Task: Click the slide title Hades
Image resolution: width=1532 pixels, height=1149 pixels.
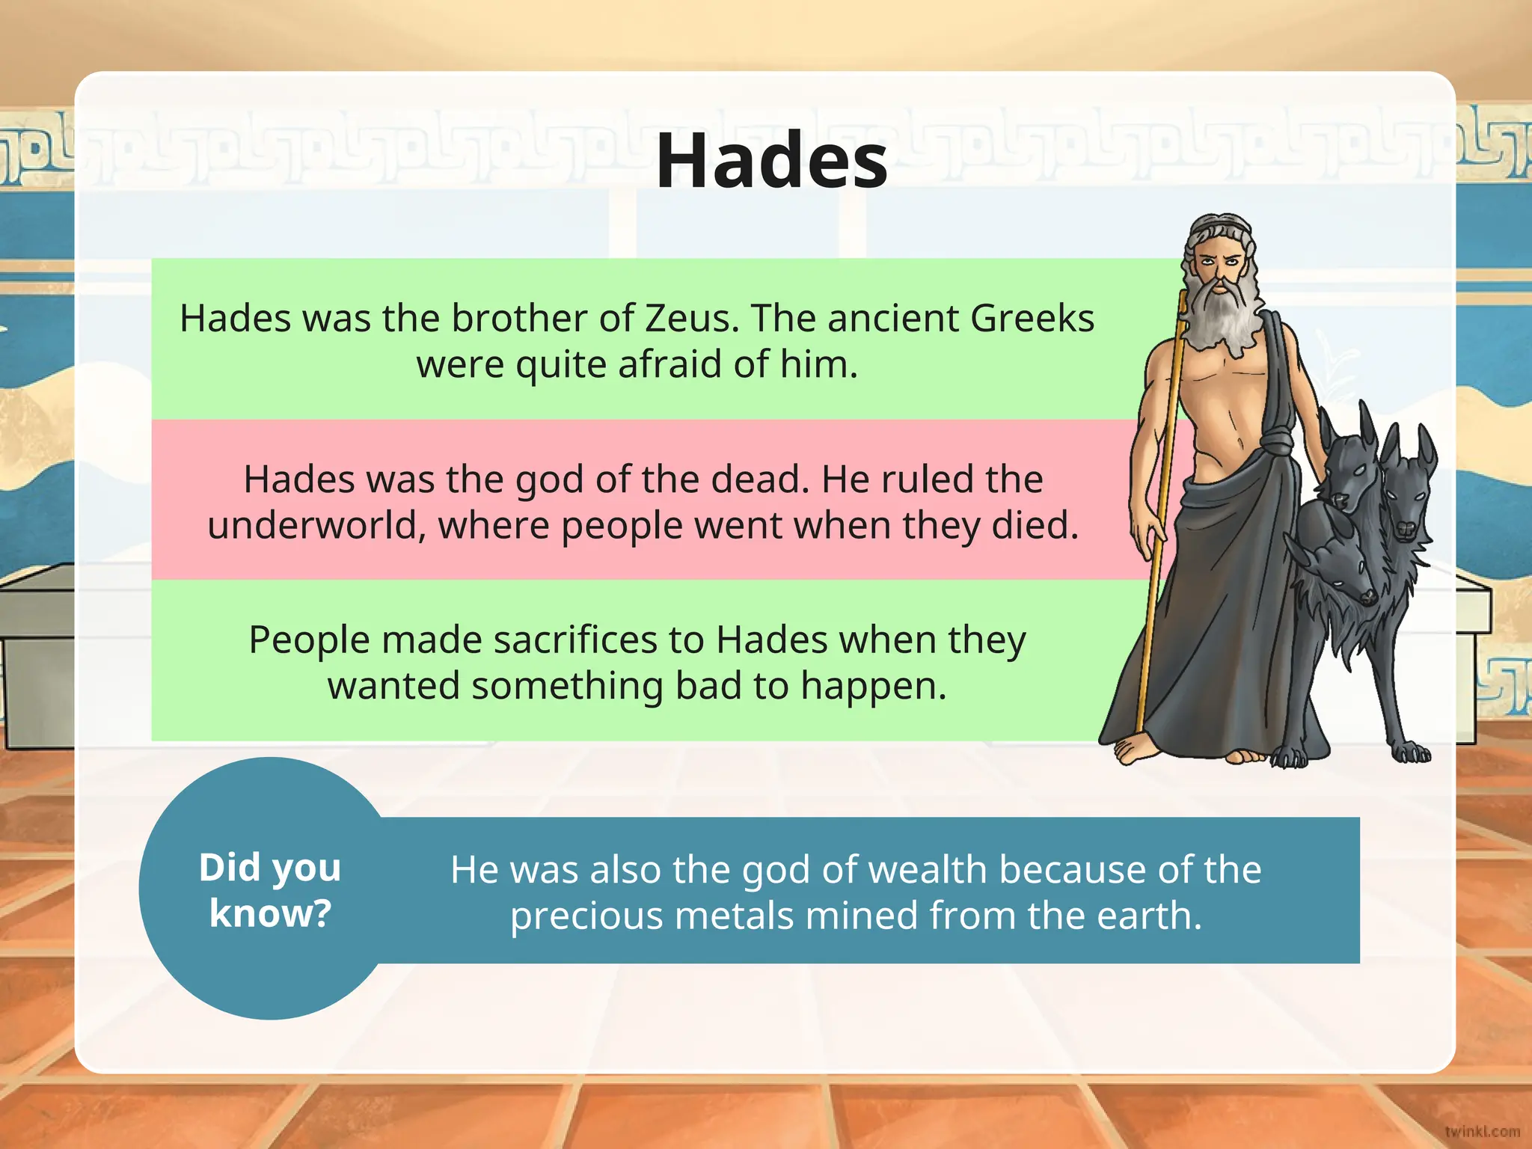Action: [771, 162]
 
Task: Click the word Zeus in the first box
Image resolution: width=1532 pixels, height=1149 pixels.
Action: [691, 319]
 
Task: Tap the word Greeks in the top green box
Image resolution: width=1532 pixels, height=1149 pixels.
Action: [1032, 319]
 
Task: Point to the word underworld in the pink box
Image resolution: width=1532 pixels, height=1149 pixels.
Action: [312, 526]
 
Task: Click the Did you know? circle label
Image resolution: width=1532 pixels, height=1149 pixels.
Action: [270, 890]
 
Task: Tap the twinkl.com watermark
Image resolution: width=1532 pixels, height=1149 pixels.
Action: [1482, 1132]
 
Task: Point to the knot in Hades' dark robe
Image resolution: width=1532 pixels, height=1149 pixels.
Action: [1276, 441]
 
